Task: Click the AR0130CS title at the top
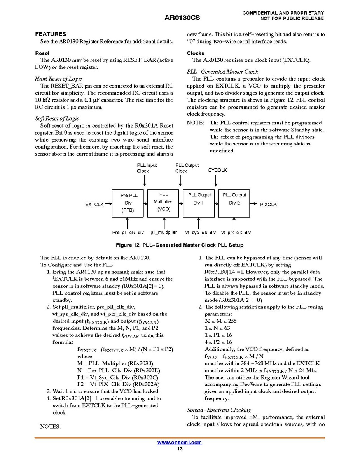tap(180, 18)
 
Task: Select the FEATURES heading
tap(51, 34)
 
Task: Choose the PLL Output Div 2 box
tap(234, 203)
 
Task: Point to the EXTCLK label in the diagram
tap(94, 204)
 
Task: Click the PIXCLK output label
tap(268, 204)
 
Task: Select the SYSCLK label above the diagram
tap(218, 170)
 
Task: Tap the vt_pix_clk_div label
tap(236, 233)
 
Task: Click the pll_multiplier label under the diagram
tap(164, 232)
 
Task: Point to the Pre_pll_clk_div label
tap(128, 233)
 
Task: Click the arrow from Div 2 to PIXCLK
tap(253, 203)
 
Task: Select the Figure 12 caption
tap(180, 245)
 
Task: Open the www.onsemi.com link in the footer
tap(180, 443)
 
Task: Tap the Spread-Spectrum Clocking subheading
tap(219, 410)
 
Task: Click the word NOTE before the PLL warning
tap(195, 123)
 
